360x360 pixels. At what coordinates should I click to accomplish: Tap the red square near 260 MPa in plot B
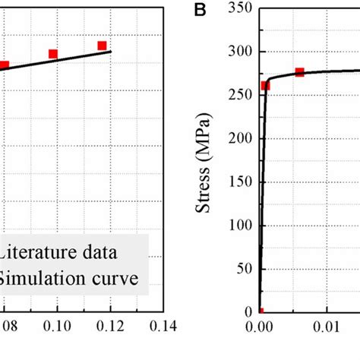coord(265,86)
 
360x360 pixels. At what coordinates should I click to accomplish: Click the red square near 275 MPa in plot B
coord(299,72)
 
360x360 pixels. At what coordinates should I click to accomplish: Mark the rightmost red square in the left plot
coord(102,46)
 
